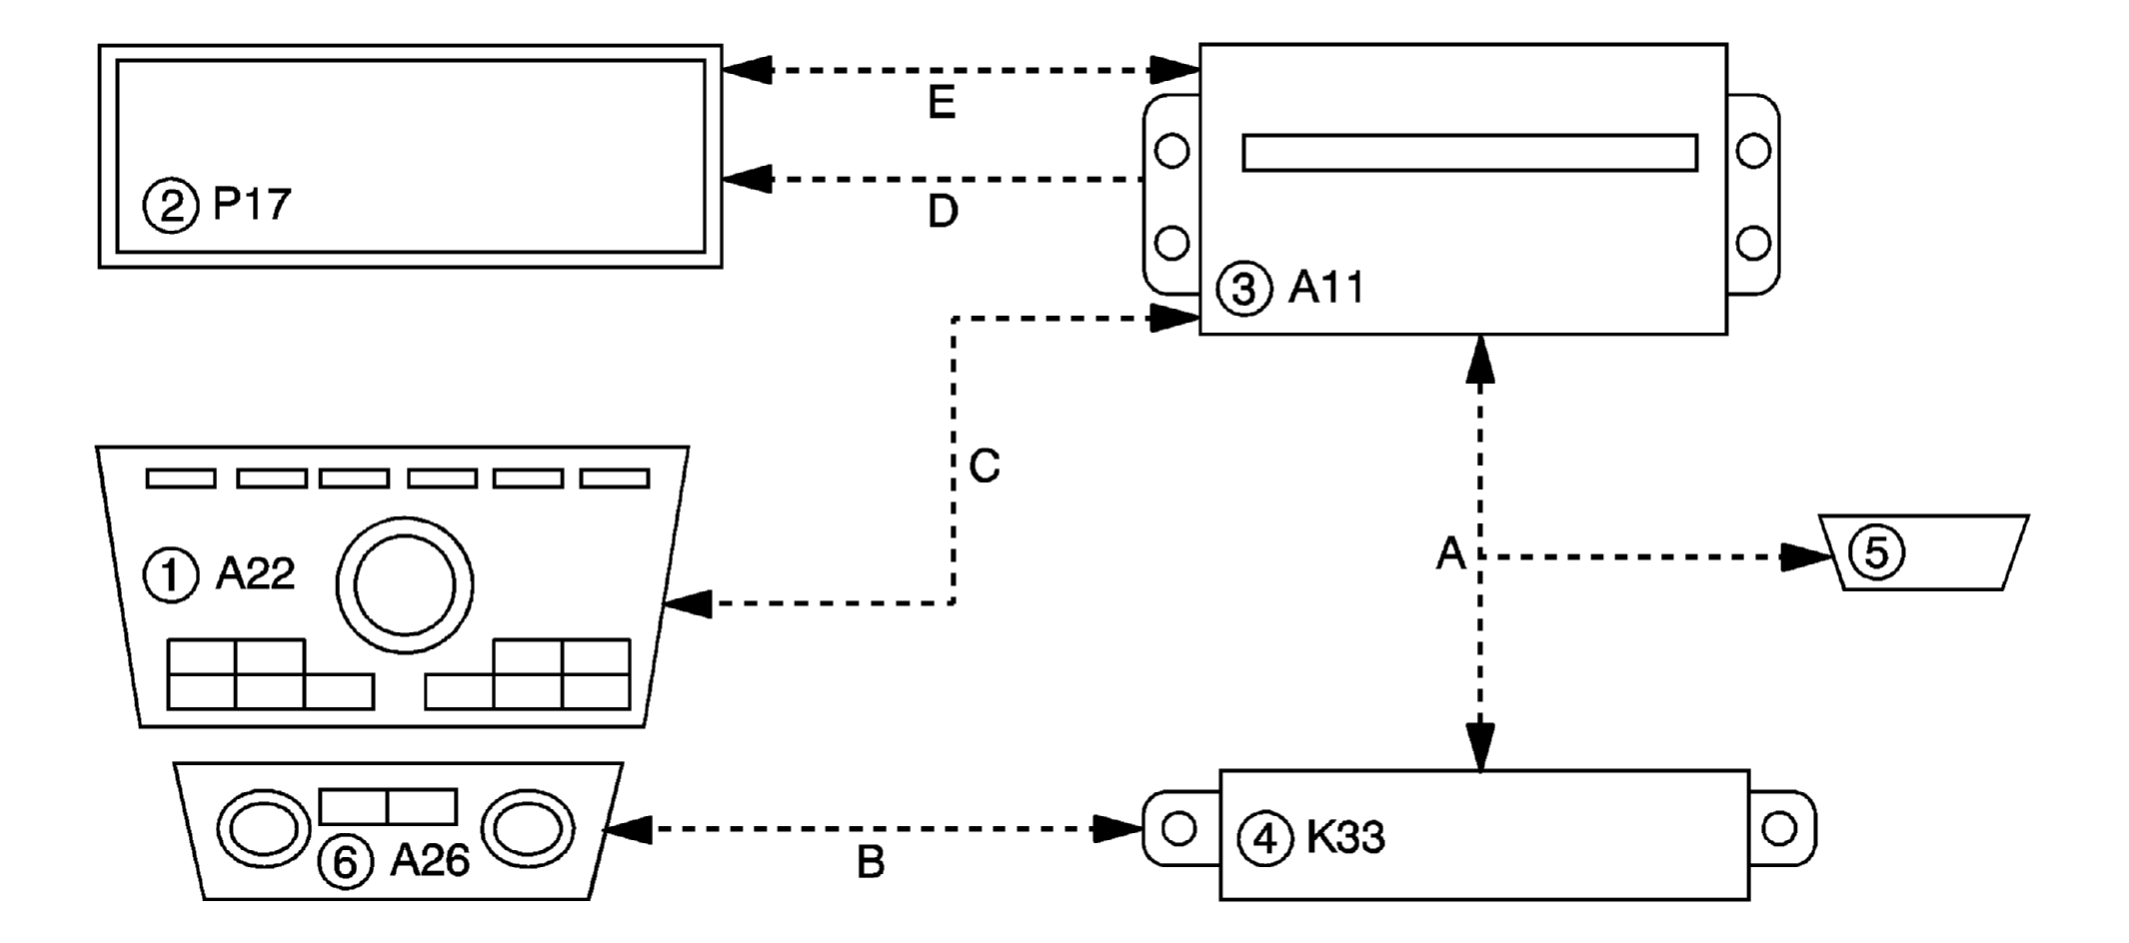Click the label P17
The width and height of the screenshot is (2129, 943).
point(252,205)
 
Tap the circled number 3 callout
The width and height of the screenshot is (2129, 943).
point(1243,290)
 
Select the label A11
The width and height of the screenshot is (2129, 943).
point(1325,289)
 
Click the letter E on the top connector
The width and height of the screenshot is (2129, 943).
point(942,103)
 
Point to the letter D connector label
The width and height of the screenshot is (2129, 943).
point(943,212)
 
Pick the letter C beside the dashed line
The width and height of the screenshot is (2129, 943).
point(985,467)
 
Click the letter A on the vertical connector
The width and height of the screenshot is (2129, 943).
point(1450,553)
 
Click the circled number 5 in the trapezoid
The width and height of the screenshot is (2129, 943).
point(1876,552)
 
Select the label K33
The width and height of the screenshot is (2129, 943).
point(1345,838)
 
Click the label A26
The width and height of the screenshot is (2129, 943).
point(429,860)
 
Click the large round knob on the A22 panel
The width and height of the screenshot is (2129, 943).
point(405,585)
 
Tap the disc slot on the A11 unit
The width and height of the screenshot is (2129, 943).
point(1469,153)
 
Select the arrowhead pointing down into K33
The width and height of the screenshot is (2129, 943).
point(1480,747)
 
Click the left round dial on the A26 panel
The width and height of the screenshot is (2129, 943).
point(264,829)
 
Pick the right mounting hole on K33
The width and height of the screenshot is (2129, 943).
point(1779,828)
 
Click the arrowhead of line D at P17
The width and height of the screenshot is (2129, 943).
point(746,180)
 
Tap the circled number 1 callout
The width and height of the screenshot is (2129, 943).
point(171,576)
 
